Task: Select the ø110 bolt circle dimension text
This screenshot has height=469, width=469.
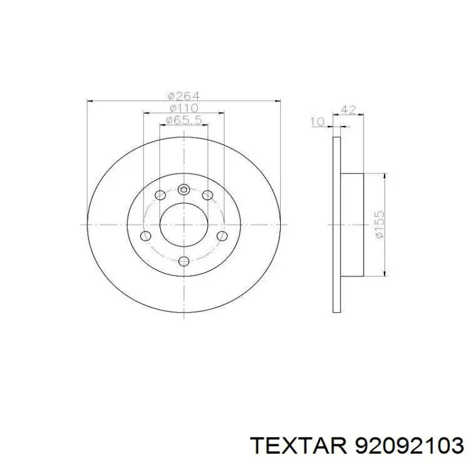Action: pyautogui.click(x=183, y=108)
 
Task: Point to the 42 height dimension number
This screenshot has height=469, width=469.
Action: pyautogui.click(x=348, y=110)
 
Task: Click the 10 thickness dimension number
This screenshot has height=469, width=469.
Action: pyautogui.click(x=317, y=122)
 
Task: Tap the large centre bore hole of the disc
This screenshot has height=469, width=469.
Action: pyautogui.click(x=183, y=224)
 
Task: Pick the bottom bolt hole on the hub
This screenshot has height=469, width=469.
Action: pyautogui.click(x=183, y=261)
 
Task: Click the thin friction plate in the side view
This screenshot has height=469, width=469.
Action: pyautogui.click(x=337, y=224)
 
